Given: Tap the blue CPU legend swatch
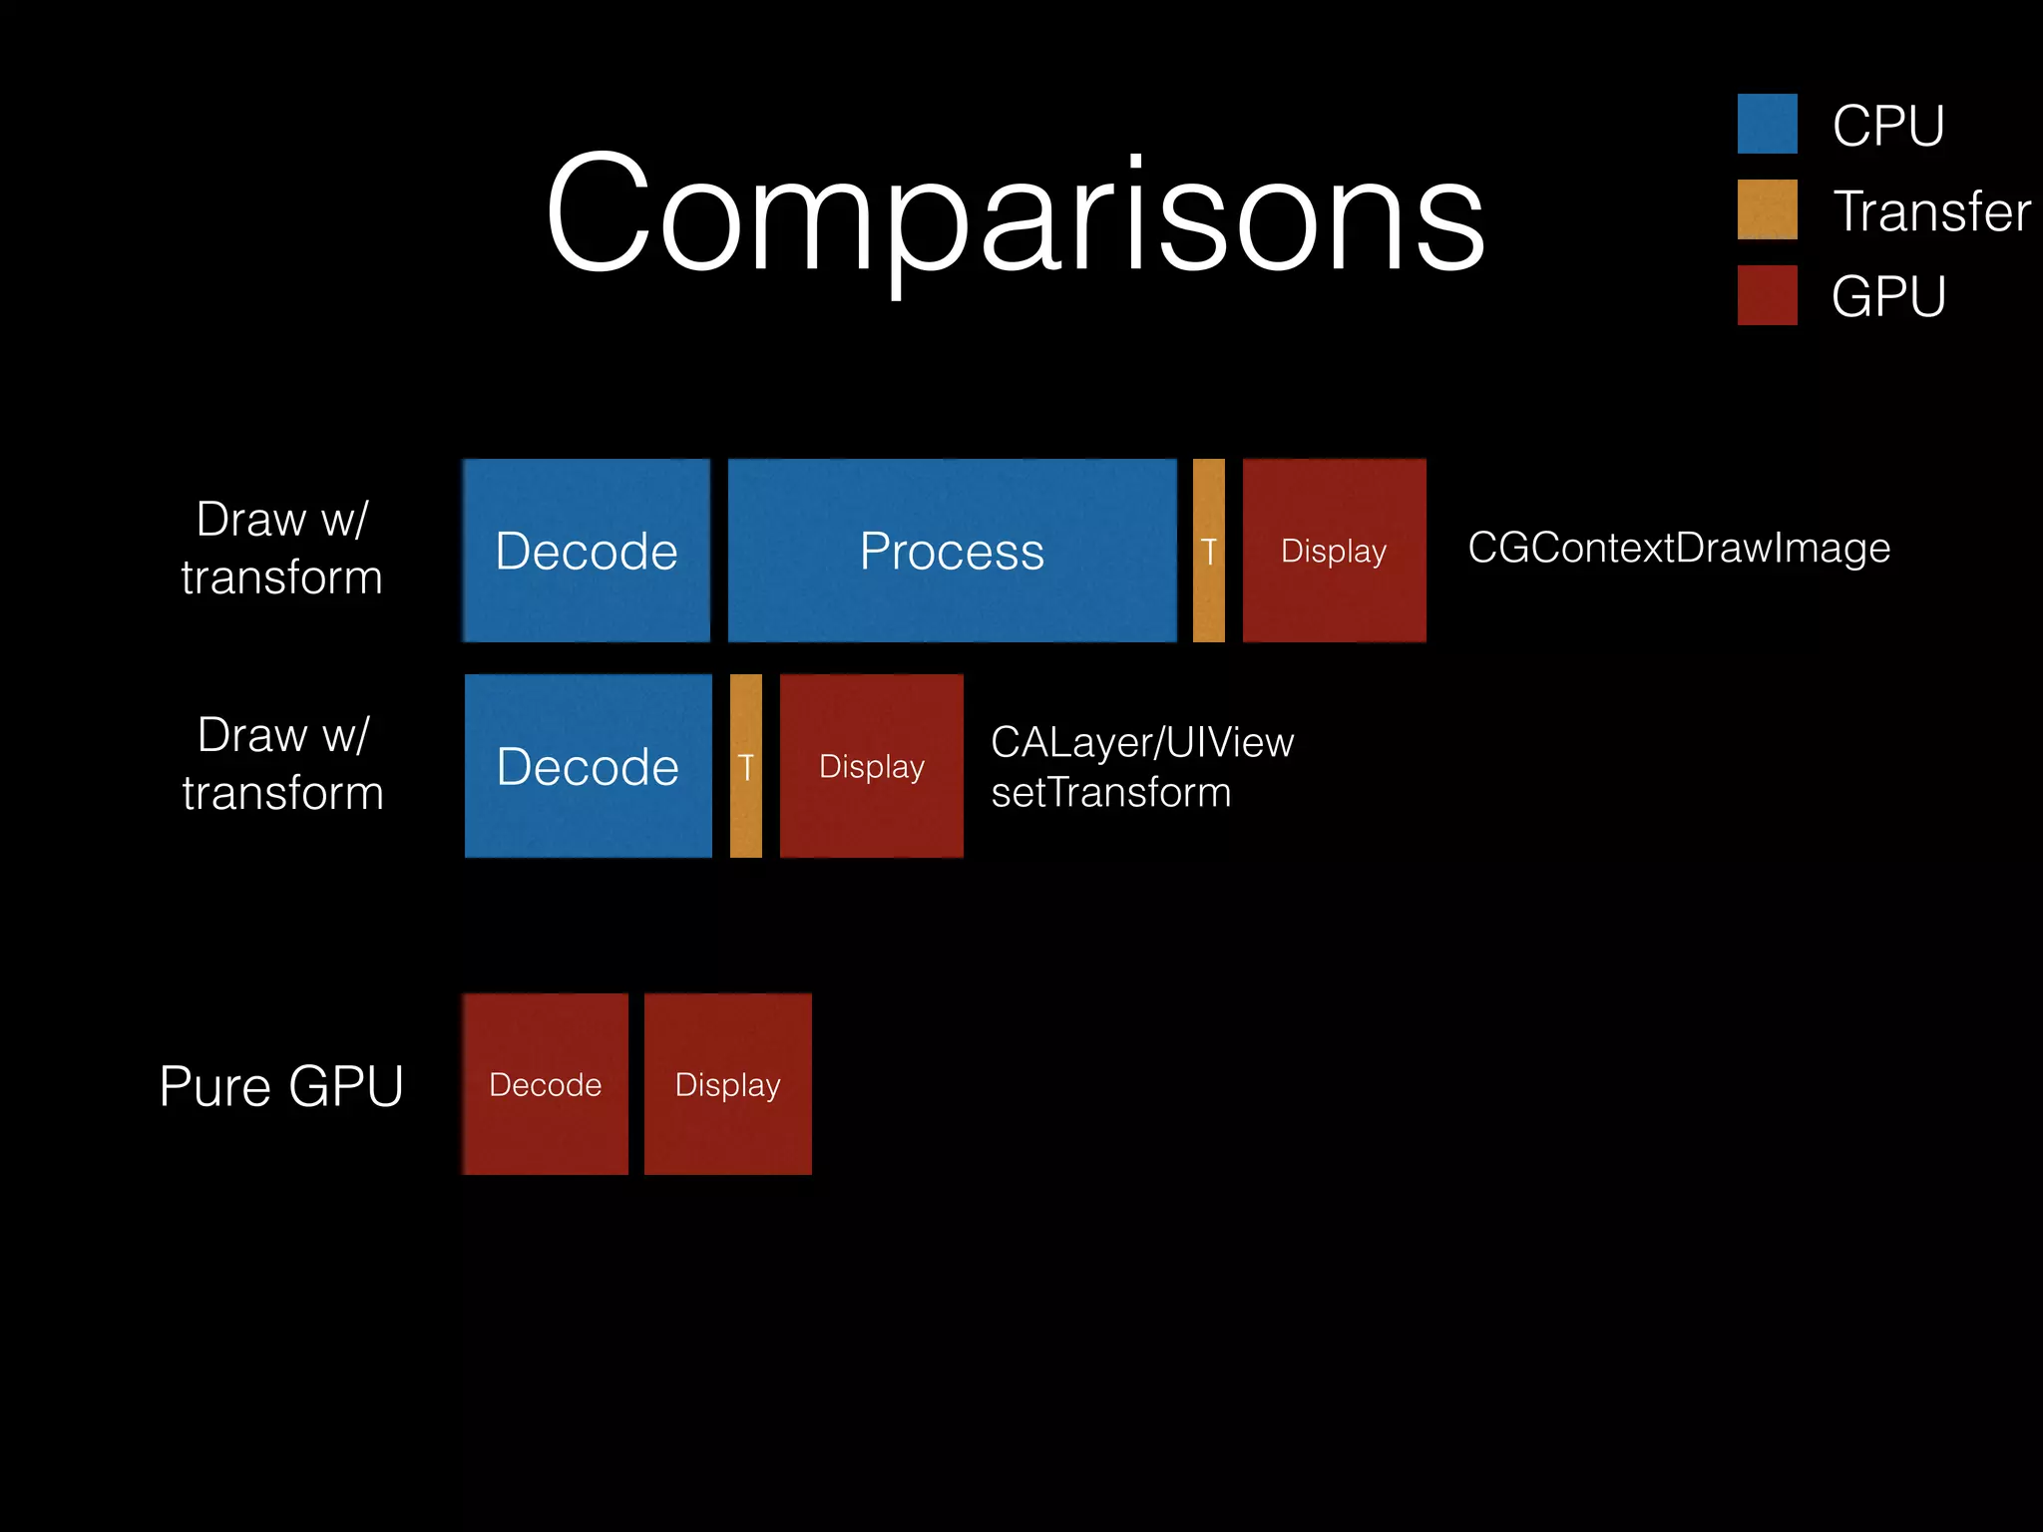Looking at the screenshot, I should coord(1767,124).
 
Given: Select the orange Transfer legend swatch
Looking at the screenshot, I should coord(1767,209).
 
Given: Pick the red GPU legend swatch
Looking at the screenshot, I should coord(1767,295).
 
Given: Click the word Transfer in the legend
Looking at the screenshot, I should coord(1931,211).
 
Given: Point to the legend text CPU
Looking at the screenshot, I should coord(1887,126).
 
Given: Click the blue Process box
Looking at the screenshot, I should coord(952,551).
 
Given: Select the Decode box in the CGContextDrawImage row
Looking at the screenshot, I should coord(587,551).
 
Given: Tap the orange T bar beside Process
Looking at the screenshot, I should coord(1208,551).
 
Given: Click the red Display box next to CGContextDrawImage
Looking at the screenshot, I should coord(1334,551).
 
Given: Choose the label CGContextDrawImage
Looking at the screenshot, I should coord(1679,548).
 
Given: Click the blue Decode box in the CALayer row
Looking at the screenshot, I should coord(588,766).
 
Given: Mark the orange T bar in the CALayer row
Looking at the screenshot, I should coord(745,766).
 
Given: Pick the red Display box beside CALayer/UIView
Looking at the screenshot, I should coord(871,766).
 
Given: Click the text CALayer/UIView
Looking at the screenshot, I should coord(1142,742).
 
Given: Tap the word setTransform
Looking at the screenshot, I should coord(1110,793).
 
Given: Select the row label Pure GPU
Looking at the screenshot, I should coord(281,1085).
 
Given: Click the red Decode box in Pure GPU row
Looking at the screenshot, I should coord(546,1084).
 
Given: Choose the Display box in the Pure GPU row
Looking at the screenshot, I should coord(727,1084).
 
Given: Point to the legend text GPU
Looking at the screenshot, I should coord(1887,297).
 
